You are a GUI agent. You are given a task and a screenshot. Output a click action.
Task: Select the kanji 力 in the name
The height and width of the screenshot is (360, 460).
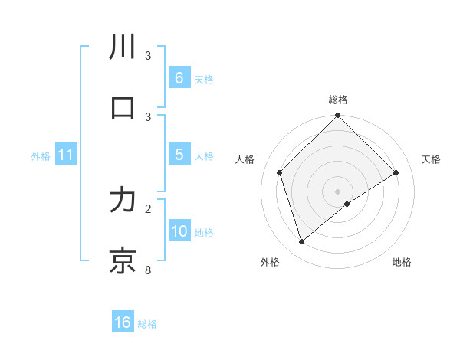[x=123, y=200]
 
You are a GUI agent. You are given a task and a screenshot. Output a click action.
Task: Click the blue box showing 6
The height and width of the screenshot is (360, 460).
[x=179, y=77]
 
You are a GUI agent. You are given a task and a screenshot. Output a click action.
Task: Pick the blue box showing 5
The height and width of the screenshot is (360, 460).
[x=179, y=155]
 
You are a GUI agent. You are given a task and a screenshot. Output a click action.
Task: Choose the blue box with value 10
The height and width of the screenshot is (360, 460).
[x=179, y=231]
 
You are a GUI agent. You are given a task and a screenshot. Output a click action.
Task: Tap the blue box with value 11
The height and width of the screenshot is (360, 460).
[x=66, y=155]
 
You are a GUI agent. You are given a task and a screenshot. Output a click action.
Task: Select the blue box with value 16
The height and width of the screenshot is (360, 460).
[x=123, y=322]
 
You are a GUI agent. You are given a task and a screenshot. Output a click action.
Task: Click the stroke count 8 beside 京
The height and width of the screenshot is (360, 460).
[x=148, y=270]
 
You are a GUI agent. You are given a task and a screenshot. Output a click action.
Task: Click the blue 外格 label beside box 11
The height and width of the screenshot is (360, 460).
[x=41, y=155]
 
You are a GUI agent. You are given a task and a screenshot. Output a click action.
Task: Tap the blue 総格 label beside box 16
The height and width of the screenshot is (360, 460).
[x=147, y=323]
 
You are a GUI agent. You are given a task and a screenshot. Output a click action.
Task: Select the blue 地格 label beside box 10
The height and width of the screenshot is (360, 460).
[x=204, y=232]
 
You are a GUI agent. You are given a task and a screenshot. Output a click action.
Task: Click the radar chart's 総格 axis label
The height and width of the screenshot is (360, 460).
[x=338, y=100]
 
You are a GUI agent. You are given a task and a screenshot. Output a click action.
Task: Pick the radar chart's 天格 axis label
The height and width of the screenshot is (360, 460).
[x=431, y=159]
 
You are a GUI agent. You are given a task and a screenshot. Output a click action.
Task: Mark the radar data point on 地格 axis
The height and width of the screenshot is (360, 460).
[x=347, y=204]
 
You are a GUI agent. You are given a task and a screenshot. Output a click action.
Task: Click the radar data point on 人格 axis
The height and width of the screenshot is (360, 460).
[x=280, y=172]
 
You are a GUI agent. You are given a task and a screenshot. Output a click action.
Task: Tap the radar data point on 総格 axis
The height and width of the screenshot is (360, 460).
[x=338, y=116]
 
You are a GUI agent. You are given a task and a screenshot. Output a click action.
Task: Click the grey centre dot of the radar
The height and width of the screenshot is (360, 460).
[x=338, y=191]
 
